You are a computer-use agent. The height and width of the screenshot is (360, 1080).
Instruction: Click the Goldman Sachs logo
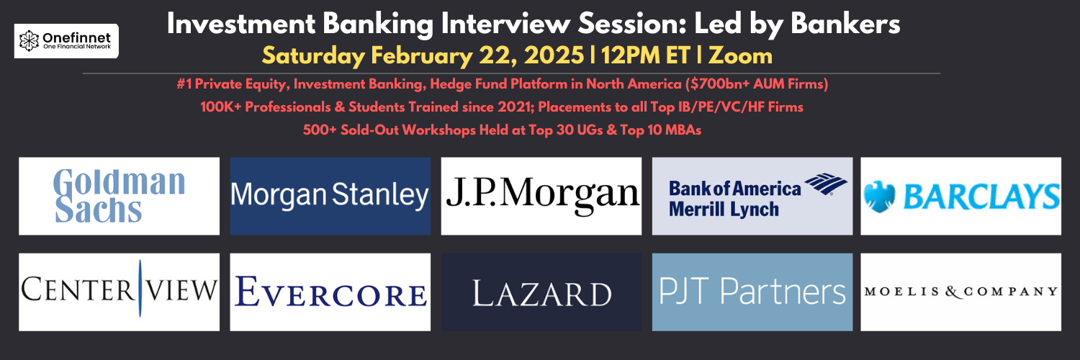tap(119, 196)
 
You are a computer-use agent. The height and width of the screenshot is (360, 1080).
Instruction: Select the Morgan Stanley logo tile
tap(330, 196)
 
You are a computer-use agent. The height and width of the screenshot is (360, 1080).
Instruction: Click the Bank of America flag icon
tap(825, 184)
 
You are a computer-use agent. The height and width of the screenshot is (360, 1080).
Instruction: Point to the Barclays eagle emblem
tap(879, 197)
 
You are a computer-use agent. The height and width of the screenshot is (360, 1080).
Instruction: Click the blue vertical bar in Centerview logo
tap(140, 288)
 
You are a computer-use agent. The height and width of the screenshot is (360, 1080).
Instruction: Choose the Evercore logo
tap(330, 292)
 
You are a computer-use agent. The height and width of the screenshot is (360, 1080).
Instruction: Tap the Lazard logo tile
tap(541, 292)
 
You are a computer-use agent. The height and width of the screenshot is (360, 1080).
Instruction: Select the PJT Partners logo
tap(752, 292)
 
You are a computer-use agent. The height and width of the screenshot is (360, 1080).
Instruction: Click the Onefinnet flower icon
tap(29, 41)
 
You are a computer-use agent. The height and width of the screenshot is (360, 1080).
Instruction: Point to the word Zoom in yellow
tap(741, 56)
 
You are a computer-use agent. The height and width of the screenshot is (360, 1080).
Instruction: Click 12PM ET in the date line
tap(646, 55)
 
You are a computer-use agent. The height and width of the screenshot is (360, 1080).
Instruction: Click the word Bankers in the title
tap(845, 24)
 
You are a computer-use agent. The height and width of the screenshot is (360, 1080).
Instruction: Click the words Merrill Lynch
tap(724, 210)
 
